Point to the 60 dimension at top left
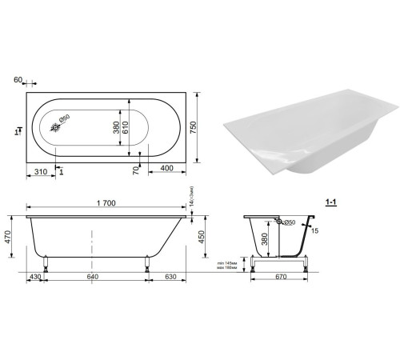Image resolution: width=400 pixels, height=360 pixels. click(x=18, y=80)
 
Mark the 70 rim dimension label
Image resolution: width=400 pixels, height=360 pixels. click(x=137, y=169)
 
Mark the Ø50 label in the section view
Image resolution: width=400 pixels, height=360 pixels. click(x=290, y=222)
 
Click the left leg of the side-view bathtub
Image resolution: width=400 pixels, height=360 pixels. click(x=46, y=262)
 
